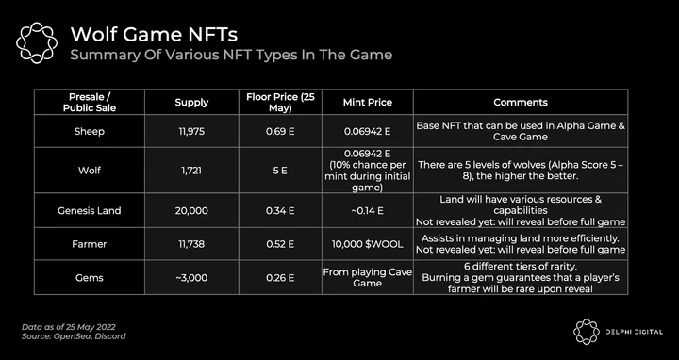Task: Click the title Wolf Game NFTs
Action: [154, 34]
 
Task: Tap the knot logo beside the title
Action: [37, 42]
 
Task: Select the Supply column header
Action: [191, 103]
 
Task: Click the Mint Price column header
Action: [367, 103]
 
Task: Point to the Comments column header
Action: [521, 103]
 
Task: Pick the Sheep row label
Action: [90, 132]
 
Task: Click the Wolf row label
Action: [90, 171]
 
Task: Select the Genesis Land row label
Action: [90, 211]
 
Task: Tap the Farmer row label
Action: [90, 244]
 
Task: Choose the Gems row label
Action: [90, 278]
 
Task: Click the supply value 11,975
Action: [191, 132]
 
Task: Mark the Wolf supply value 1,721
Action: [191, 171]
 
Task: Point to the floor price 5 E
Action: [280, 171]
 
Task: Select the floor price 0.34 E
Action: [280, 211]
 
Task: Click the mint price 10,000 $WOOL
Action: [367, 244]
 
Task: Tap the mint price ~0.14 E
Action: [367, 211]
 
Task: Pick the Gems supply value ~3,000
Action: [191, 278]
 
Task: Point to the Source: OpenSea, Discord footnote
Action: [74, 336]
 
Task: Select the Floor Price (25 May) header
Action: [280, 103]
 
